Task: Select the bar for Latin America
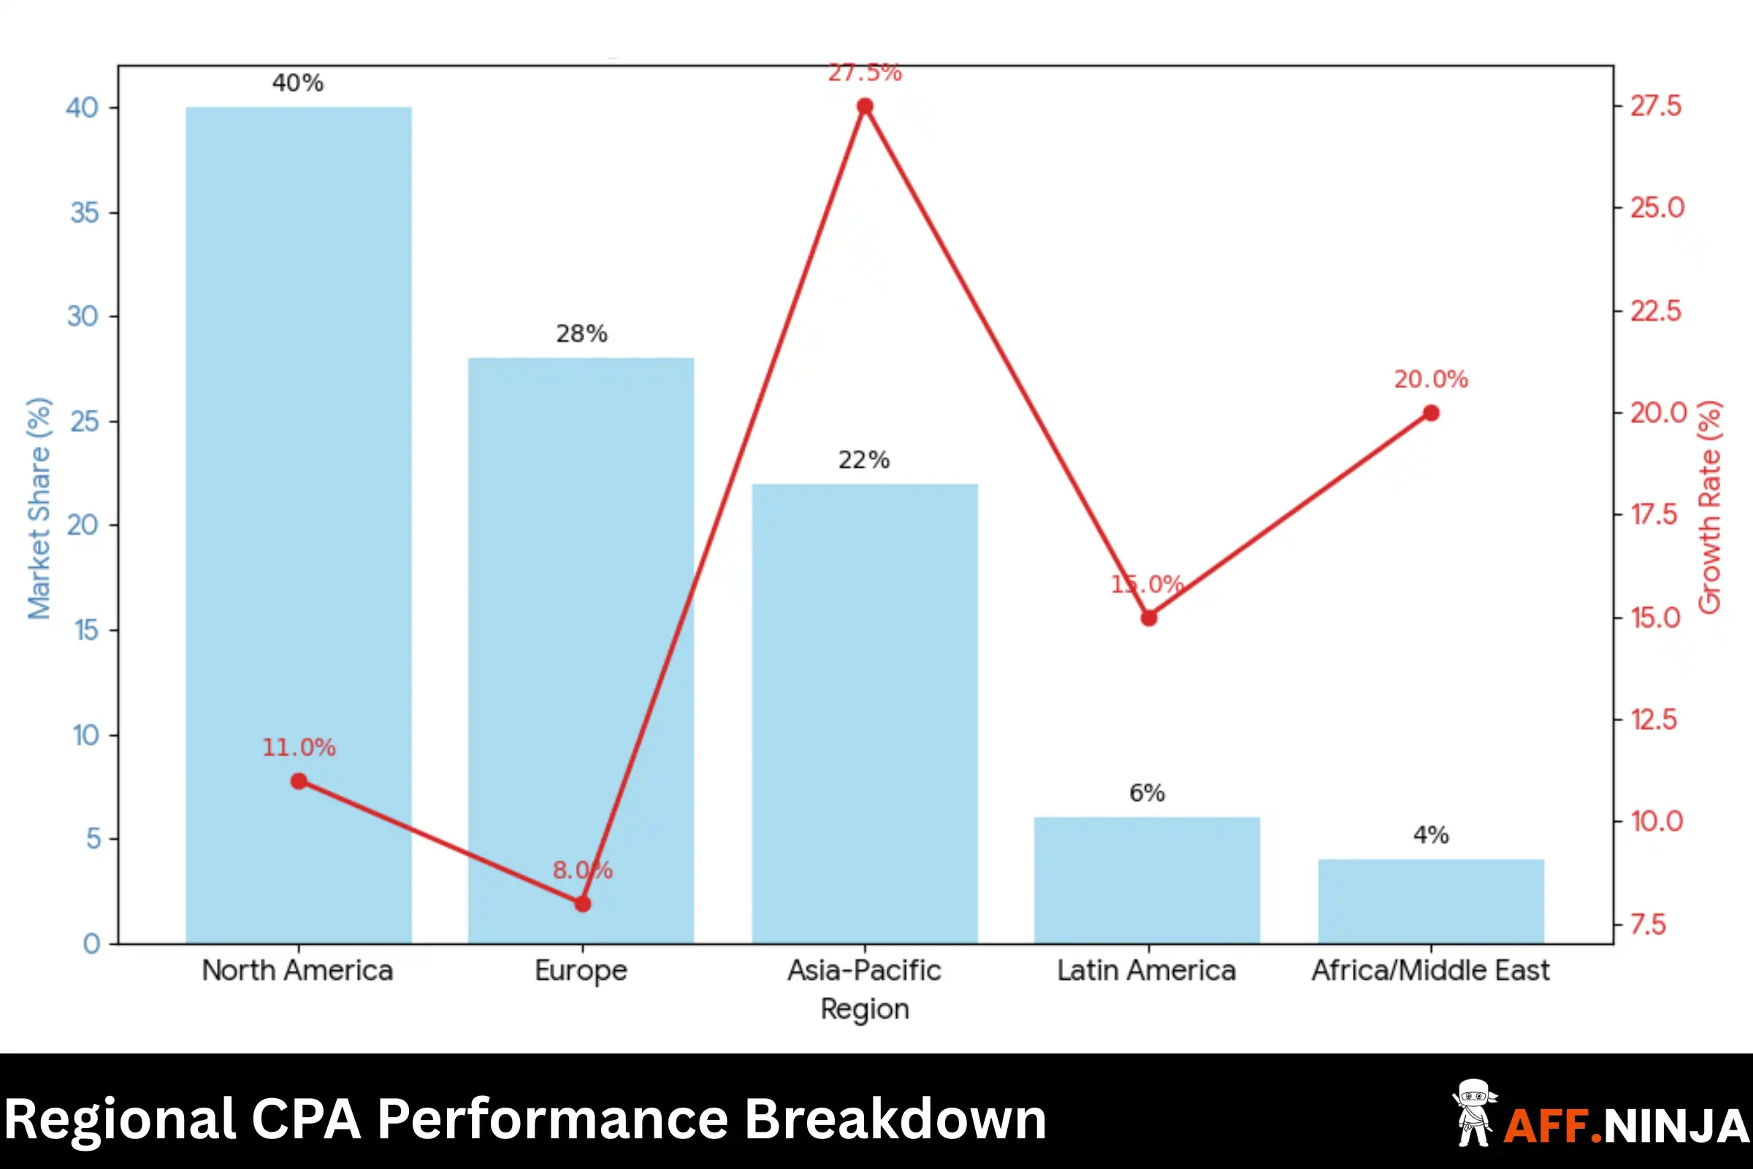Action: click(1147, 880)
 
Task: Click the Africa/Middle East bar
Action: click(1431, 902)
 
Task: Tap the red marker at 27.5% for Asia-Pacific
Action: click(865, 107)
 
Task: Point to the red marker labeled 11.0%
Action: click(299, 781)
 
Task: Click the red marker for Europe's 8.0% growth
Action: click(583, 905)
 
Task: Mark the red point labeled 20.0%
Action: click(1431, 413)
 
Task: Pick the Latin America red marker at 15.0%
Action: click(1149, 618)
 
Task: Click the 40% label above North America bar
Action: click(298, 83)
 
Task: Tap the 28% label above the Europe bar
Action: click(581, 334)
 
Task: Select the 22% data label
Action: click(864, 460)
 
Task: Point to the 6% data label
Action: click(1147, 793)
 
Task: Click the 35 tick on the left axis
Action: click(84, 213)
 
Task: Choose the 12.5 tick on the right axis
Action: click(1654, 720)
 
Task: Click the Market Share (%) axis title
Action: click(39, 509)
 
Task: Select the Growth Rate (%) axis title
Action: click(1710, 507)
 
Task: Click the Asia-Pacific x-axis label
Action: click(865, 971)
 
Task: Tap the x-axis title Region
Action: click(865, 1010)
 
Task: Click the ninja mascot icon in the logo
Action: click(1473, 1113)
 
